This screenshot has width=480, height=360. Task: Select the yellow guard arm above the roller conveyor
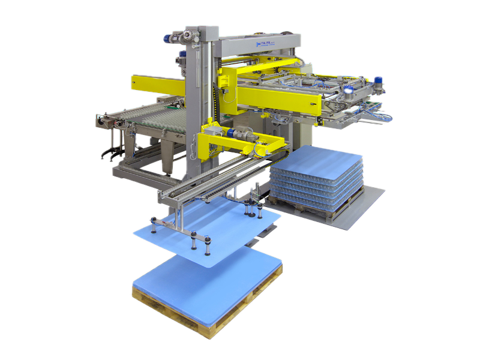(157, 84)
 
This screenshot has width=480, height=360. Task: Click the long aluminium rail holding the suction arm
(204, 180)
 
